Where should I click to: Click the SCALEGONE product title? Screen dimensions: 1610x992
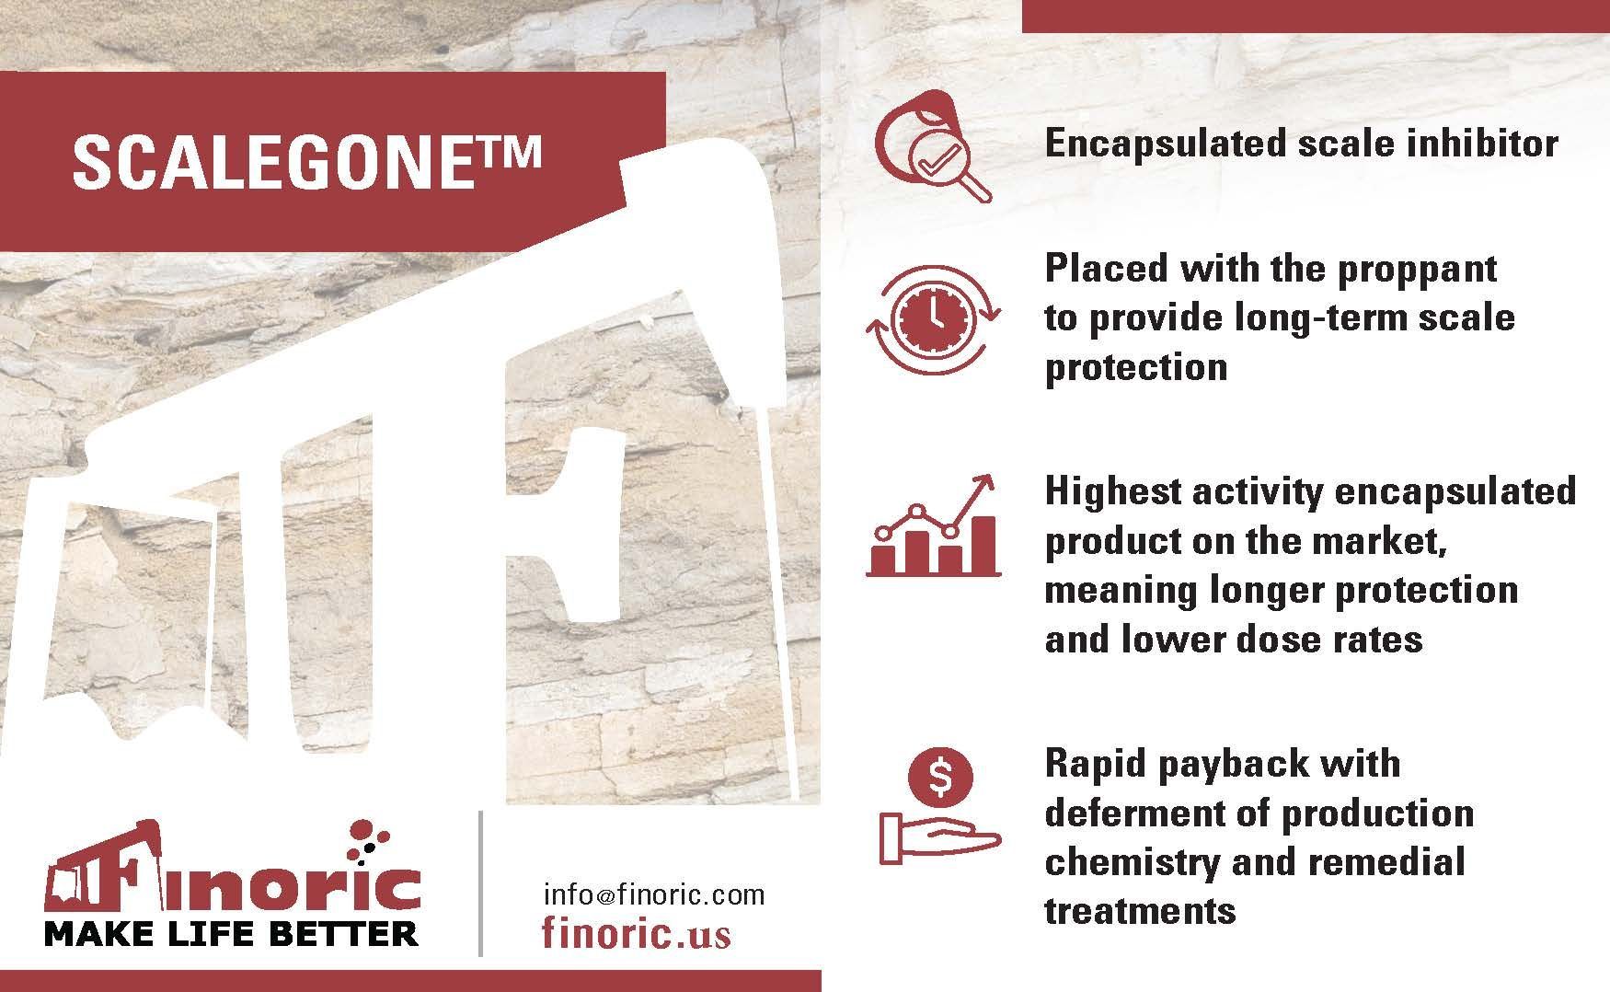(x=306, y=162)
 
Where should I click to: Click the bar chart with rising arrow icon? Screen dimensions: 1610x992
(x=933, y=525)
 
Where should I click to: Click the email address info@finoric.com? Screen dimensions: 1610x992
(x=654, y=894)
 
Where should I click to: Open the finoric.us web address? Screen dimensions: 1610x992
(x=637, y=933)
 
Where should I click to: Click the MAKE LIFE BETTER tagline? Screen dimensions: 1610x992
(x=231, y=934)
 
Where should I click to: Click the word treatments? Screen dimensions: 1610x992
(x=1140, y=911)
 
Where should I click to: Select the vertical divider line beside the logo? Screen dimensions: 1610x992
(x=480, y=883)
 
